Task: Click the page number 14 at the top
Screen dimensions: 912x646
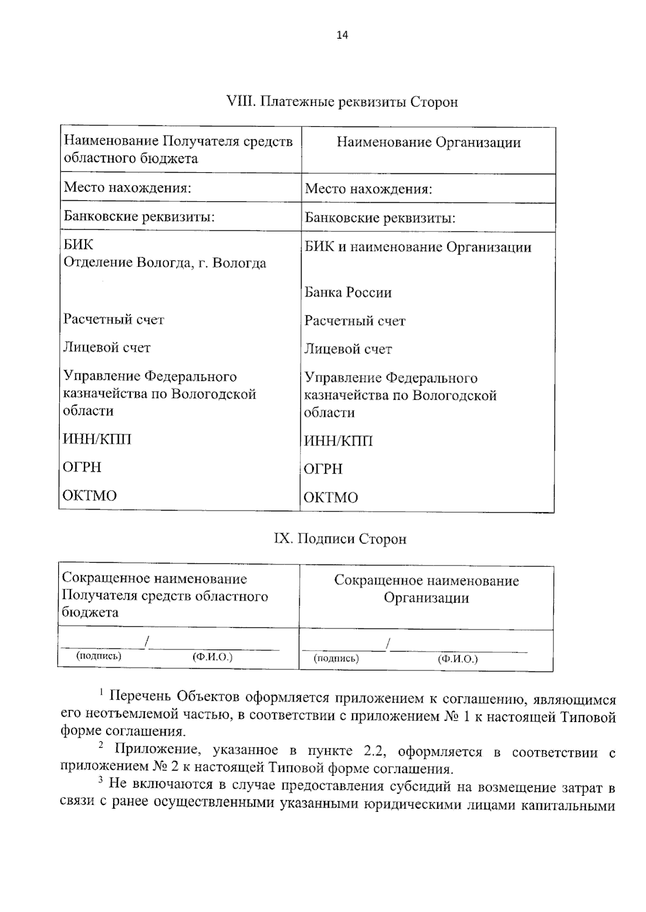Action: coord(342,36)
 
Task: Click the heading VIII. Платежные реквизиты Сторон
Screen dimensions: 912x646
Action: coord(343,102)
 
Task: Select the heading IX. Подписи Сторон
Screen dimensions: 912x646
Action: coord(340,539)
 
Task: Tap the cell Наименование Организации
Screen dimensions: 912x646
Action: coord(429,143)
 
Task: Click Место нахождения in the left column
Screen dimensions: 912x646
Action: coord(128,188)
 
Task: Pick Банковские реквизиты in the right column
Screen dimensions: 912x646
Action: coord(380,218)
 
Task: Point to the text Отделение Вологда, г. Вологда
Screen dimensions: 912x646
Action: coord(165,263)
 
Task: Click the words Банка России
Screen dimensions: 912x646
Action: coord(348,293)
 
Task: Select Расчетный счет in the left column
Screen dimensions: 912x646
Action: coord(114,320)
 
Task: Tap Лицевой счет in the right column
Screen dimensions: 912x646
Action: coord(348,350)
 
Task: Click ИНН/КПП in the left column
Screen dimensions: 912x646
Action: coord(97,440)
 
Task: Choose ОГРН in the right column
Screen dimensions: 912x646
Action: coord(323,469)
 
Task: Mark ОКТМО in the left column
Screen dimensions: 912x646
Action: coord(89,496)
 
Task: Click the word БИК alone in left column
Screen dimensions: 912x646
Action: coord(78,245)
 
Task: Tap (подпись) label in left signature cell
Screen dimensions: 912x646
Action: coord(99,656)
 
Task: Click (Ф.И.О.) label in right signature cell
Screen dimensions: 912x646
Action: coord(458,659)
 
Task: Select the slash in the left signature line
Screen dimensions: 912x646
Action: coord(146,642)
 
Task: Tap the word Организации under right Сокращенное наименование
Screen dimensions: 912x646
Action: coord(426,598)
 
